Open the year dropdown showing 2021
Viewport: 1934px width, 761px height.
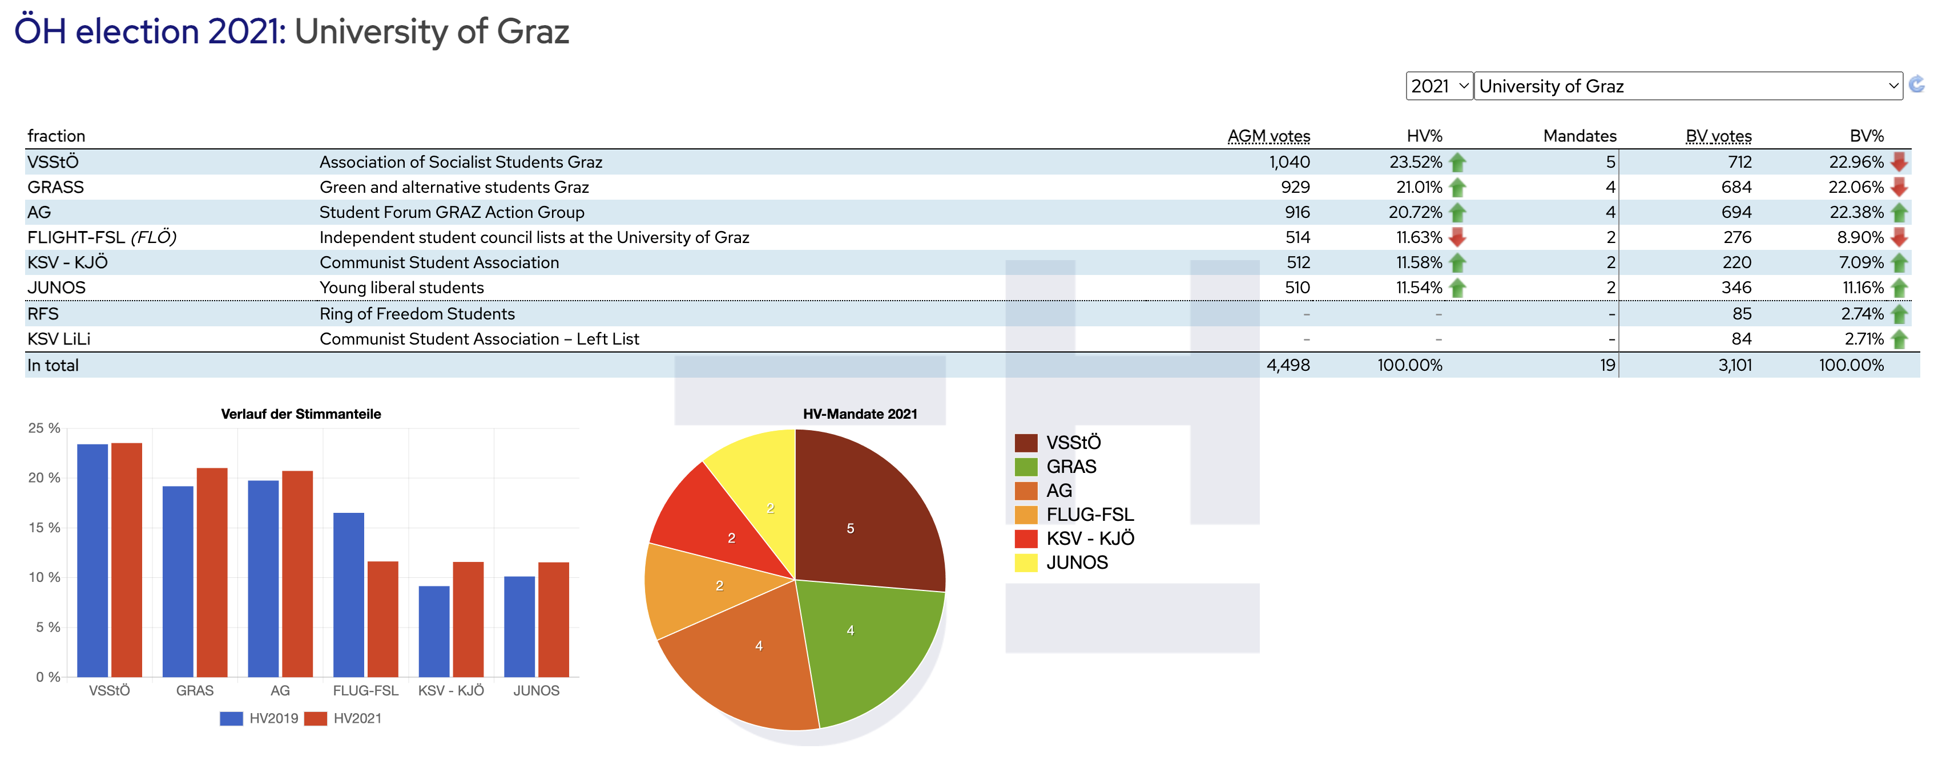1438,86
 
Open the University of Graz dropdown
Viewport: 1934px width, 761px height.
1687,86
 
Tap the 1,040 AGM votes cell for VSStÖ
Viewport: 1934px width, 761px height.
1289,162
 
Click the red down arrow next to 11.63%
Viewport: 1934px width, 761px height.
1457,238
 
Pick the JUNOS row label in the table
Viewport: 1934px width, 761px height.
57,288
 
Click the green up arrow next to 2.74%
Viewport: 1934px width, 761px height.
1900,314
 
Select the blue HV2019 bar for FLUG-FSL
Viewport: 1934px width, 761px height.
348,594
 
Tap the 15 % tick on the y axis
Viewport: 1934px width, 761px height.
45,528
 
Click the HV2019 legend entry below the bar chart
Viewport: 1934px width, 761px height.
259,718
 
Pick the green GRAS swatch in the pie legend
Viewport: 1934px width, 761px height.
1026,467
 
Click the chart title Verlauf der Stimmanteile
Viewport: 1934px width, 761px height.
300,414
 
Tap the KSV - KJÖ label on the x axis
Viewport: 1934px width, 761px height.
450,690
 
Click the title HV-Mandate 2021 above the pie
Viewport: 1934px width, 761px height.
860,414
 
